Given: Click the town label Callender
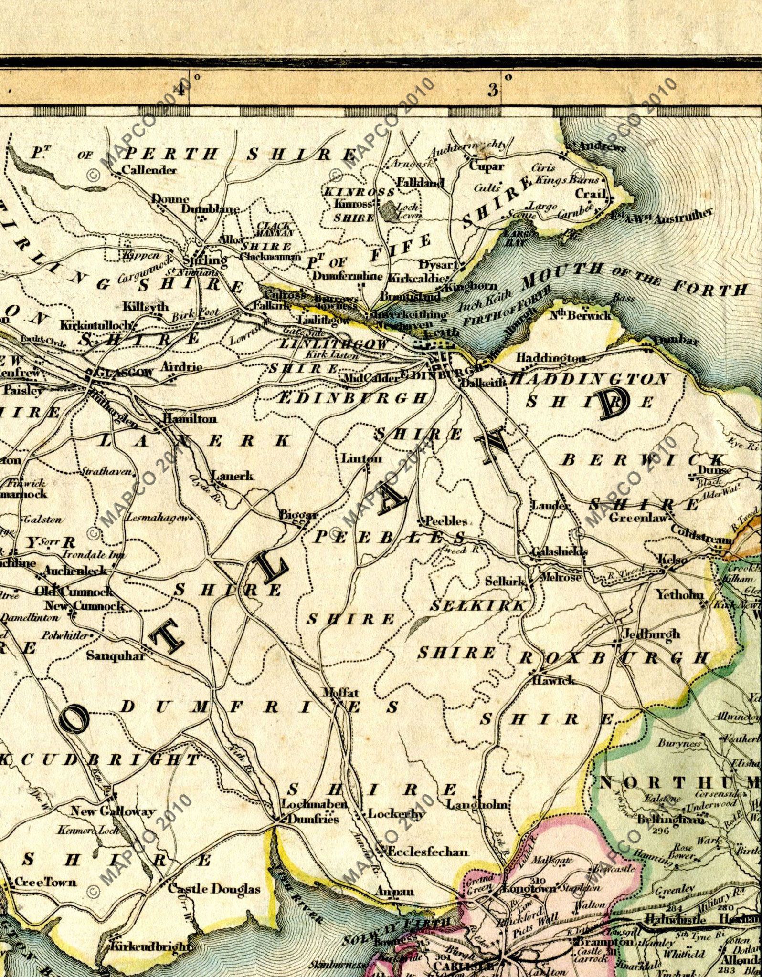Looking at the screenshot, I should tap(149, 170).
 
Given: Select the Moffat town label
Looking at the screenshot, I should tap(340, 692).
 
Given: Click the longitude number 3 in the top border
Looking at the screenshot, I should tap(493, 89).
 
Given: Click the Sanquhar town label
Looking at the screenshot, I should tap(115, 656).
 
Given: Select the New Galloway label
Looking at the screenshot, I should tap(113, 811).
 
